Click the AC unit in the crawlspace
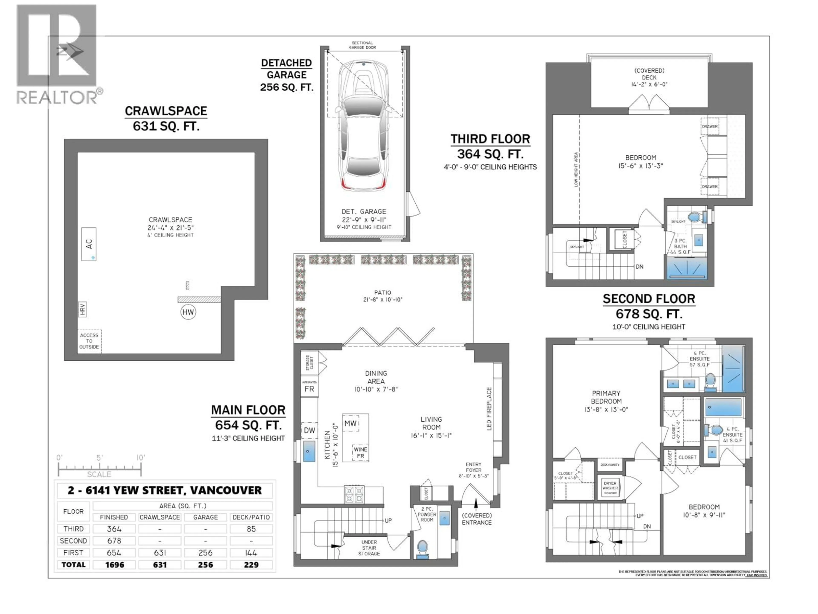pyautogui.click(x=89, y=244)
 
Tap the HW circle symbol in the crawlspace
pyautogui.click(x=188, y=312)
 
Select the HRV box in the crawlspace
pyautogui.click(x=82, y=309)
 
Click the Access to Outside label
pyautogui.click(x=89, y=341)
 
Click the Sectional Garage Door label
pyautogui.click(x=362, y=45)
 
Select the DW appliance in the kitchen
pyautogui.click(x=309, y=430)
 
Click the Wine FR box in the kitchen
pyautogui.click(x=360, y=452)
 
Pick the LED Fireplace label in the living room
pyautogui.click(x=489, y=409)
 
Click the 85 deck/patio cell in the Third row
pyautogui.click(x=251, y=529)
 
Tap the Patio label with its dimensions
pyautogui.click(x=382, y=296)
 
